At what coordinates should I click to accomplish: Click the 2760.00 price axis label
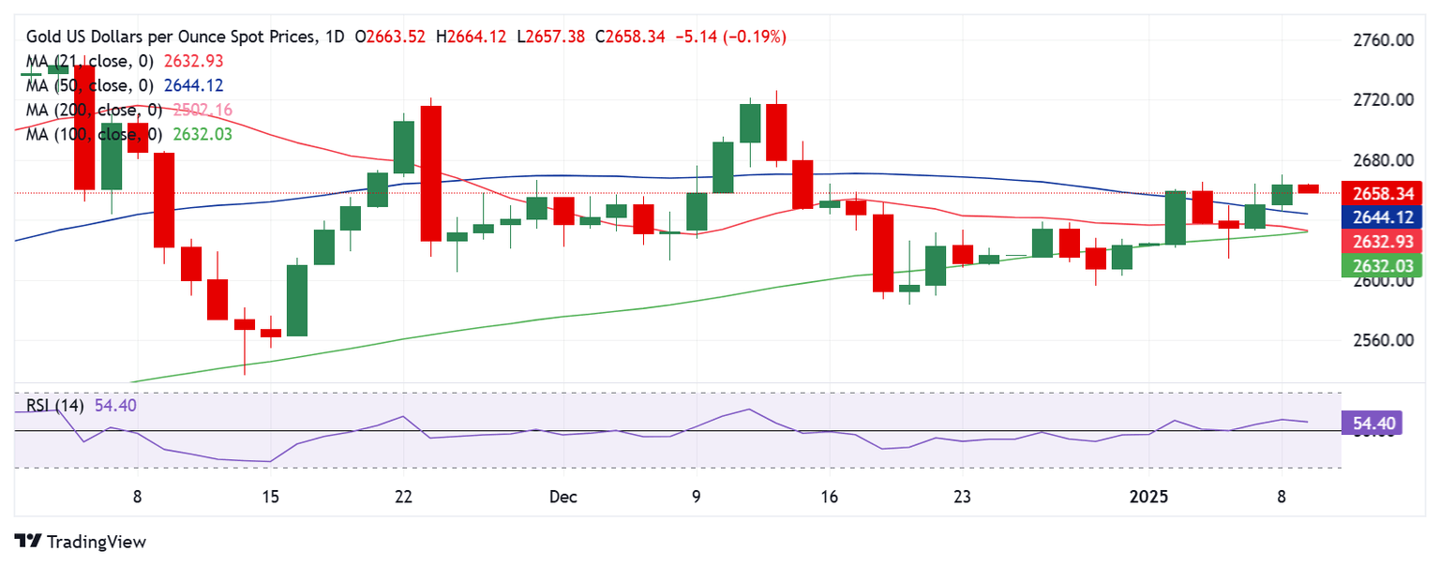[x=1384, y=40]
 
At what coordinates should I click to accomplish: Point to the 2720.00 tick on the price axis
[x=1384, y=100]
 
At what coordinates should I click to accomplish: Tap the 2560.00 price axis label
[x=1384, y=340]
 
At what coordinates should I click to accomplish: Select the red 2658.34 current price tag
[x=1384, y=194]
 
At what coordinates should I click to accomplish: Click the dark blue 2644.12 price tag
[x=1384, y=218]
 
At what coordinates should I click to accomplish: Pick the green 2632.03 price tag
[x=1384, y=267]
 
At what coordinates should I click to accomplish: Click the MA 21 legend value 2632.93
[x=194, y=61]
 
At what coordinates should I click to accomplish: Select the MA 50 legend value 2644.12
[x=194, y=85]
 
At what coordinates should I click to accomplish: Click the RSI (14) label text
[x=55, y=407]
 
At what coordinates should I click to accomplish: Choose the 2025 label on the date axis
[x=1151, y=496]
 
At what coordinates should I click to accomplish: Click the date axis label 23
[x=963, y=496]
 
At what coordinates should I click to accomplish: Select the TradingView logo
[x=82, y=542]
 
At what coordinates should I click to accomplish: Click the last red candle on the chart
[x=1308, y=189]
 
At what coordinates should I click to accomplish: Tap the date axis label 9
[x=697, y=496]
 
